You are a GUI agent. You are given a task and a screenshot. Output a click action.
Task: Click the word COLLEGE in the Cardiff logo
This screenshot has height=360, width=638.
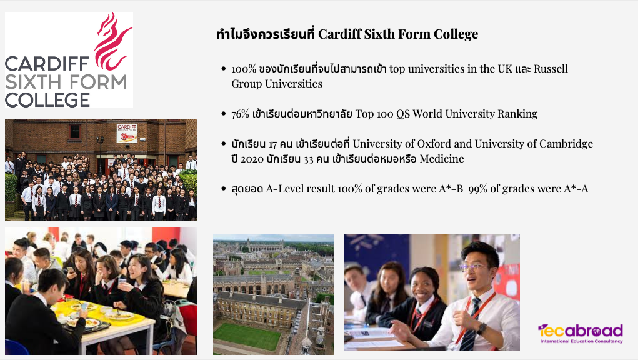[x=47, y=100]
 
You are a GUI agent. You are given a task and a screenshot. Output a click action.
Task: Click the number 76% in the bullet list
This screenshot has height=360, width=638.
[x=240, y=114]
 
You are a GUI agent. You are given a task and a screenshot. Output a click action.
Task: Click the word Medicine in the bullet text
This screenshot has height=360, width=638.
[x=441, y=159]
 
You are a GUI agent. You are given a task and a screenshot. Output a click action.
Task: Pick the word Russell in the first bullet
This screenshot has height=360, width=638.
[x=551, y=68]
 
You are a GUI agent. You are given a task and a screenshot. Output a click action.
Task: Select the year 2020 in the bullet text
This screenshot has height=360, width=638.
[x=252, y=159]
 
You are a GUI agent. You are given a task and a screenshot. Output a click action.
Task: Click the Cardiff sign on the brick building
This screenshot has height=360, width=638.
[x=127, y=133]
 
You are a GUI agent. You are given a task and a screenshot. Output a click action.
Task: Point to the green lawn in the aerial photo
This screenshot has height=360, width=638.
[x=247, y=336]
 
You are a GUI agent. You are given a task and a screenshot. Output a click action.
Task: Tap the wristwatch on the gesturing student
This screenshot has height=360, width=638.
[x=482, y=329]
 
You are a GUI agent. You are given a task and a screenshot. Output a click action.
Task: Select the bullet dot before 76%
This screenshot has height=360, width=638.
[x=223, y=114]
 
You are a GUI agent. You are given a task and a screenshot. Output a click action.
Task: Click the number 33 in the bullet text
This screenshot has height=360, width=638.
[x=309, y=159]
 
